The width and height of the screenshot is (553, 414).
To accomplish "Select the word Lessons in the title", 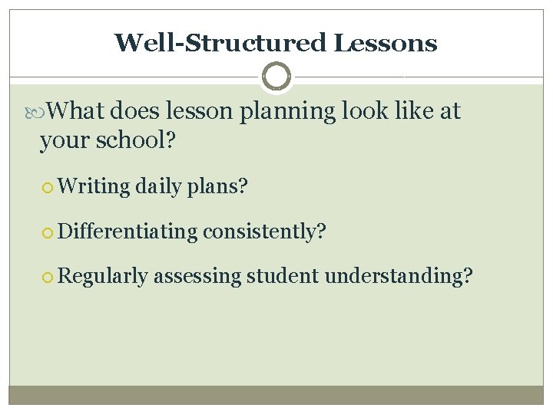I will click(x=386, y=43).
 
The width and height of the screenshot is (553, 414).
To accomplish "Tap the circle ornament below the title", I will click(x=276, y=77).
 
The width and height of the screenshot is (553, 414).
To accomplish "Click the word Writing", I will click(x=94, y=186).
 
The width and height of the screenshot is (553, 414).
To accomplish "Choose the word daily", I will click(x=160, y=186).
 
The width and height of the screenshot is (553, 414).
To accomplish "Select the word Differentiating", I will click(x=127, y=231).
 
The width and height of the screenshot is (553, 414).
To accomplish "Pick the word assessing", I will click(x=197, y=276).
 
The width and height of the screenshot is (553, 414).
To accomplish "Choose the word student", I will click(x=283, y=276).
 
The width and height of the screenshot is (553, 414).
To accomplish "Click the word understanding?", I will click(x=399, y=276).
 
